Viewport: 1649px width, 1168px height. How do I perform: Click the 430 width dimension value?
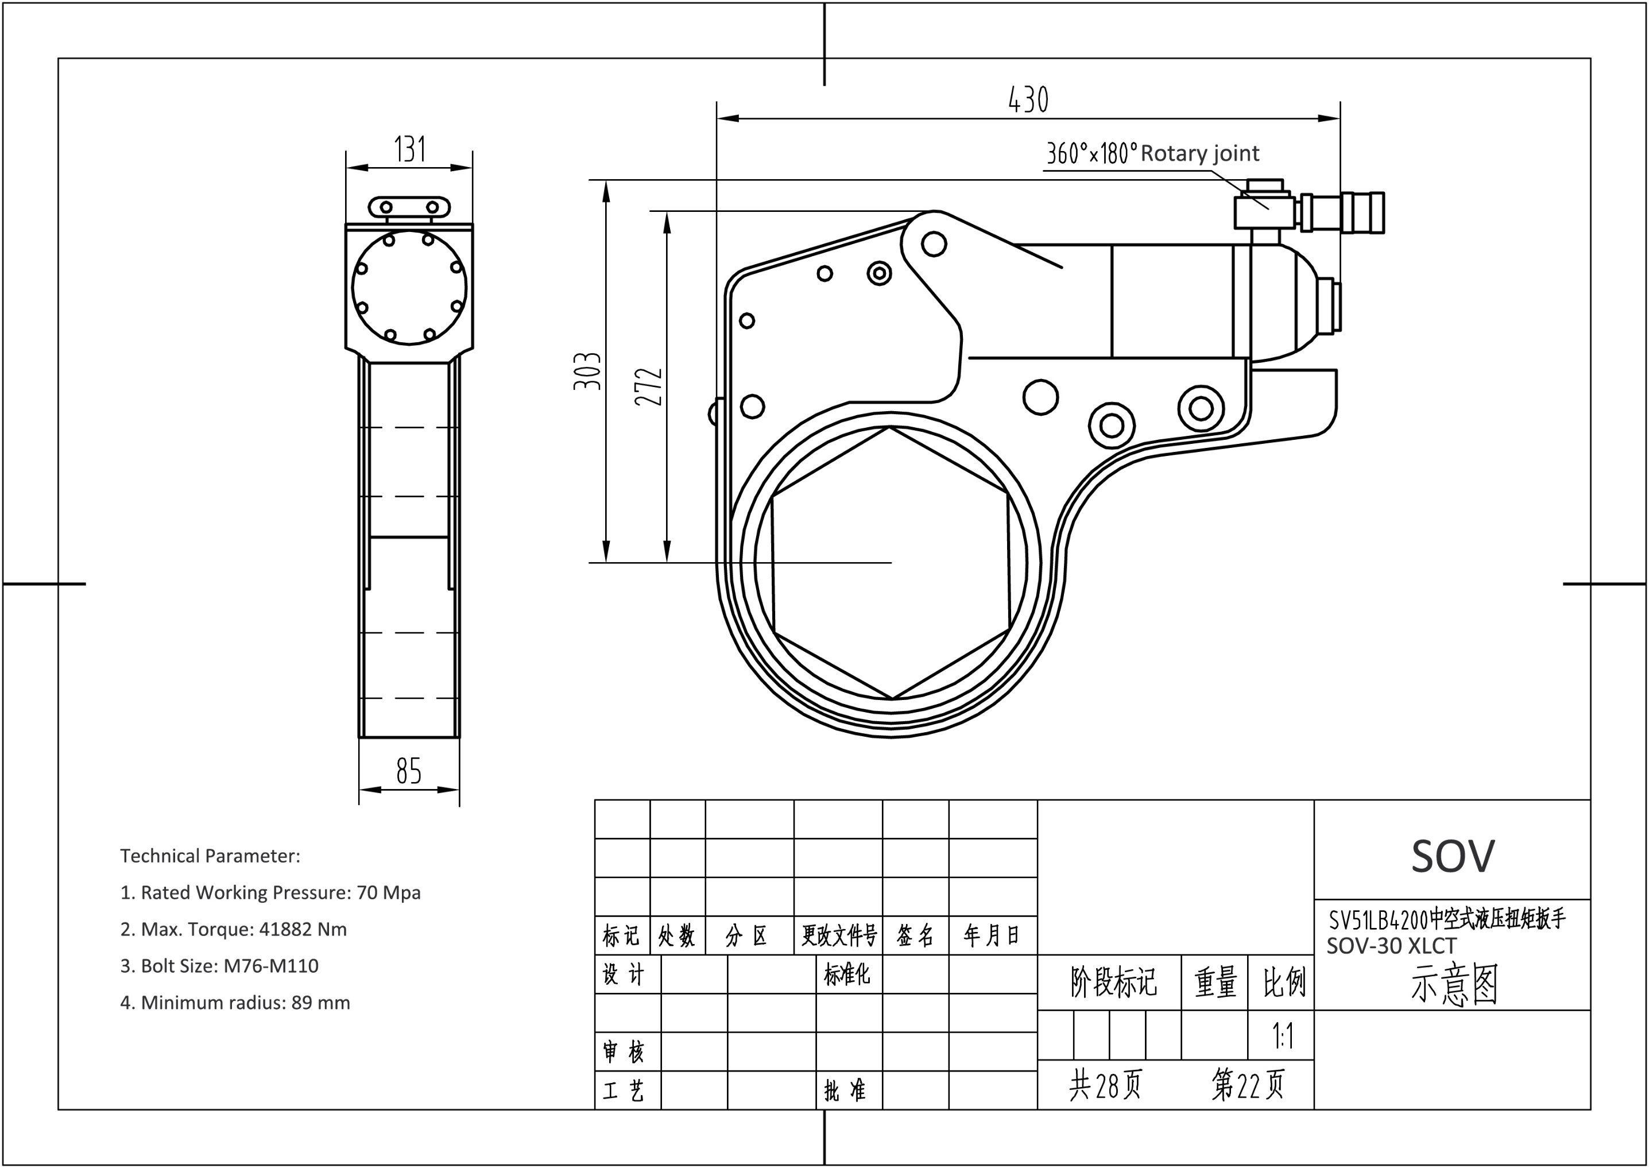click(1028, 100)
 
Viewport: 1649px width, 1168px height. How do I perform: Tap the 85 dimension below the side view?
click(408, 771)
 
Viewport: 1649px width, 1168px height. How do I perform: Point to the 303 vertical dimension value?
click(587, 371)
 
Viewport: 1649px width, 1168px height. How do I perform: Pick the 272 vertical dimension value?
click(649, 386)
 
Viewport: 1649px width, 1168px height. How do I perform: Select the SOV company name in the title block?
click(1453, 856)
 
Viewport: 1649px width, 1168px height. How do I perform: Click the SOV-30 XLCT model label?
click(1392, 945)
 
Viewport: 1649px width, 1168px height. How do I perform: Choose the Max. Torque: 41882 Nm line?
click(234, 929)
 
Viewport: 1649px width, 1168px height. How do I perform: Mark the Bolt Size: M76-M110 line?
click(219, 966)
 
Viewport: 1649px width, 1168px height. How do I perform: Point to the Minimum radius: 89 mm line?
click(235, 1003)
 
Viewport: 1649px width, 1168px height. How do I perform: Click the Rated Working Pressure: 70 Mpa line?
click(270, 892)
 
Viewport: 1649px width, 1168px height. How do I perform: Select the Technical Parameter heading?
click(210, 856)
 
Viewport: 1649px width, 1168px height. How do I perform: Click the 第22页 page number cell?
click(1248, 1085)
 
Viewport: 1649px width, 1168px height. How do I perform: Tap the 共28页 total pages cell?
click(1105, 1085)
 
